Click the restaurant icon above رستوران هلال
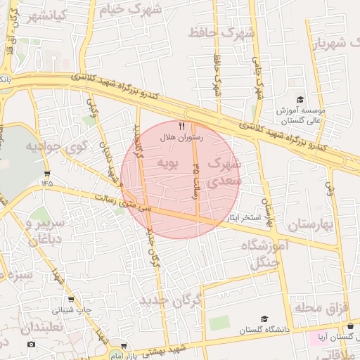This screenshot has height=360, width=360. (181, 126)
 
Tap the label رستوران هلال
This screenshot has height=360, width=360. (181, 139)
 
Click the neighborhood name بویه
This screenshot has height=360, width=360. (169, 165)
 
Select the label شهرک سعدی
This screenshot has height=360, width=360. (224, 172)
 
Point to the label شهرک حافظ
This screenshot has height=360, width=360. (225, 32)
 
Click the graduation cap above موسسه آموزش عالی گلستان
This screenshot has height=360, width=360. (300, 100)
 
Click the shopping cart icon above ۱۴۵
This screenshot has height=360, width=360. (47, 173)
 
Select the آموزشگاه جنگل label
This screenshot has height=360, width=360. (264, 254)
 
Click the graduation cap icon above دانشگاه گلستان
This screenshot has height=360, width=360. (264, 319)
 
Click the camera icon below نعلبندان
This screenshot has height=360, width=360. (31, 344)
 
